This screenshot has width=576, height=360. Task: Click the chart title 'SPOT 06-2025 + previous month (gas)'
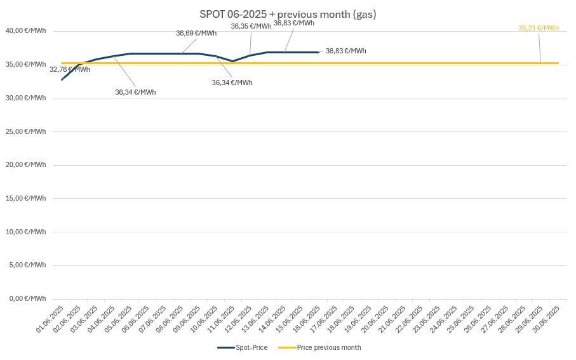[288, 14]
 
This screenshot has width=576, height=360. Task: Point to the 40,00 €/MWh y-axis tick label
[25, 30]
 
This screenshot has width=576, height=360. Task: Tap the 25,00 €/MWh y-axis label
[25, 131]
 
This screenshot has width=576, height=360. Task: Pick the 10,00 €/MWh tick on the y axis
[25, 232]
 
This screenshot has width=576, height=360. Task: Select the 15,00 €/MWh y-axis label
[25, 198]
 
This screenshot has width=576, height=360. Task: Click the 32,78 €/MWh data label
[69, 69]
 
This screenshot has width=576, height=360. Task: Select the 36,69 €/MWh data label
[196, 33]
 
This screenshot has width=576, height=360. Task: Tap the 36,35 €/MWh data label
[251, 26]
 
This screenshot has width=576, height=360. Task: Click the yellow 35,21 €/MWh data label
[539, 28]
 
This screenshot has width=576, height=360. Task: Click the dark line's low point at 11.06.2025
[233, 61]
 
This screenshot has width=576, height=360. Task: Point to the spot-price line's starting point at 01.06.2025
[62, 79]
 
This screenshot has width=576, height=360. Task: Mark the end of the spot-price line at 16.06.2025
[318, 52]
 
